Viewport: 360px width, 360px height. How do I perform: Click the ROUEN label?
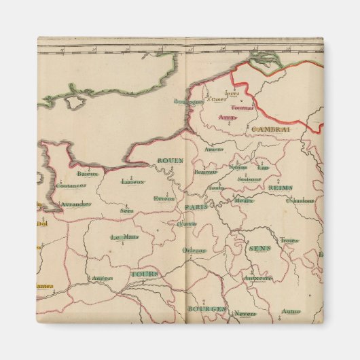(x=170, y=160)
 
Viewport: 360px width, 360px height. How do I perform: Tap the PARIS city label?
(x=196, y=207)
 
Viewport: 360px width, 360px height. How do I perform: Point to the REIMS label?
(x=279, y=187)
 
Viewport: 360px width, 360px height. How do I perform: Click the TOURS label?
(x=143, y=274)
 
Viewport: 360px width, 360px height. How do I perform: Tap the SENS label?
(x=259, y=249)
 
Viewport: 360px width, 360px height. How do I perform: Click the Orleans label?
(x=194, y=249)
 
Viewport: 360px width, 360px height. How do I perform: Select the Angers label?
(x=101, y=277)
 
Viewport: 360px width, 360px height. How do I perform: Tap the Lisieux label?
(x=132, y=181)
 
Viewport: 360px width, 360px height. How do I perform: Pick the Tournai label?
(x=242, y=107)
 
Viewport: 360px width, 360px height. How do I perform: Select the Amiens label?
(x=213, y=149)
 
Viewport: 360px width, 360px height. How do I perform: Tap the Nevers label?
(x=245, y=313)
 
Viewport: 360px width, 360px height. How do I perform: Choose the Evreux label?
(x=164, y=198)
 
